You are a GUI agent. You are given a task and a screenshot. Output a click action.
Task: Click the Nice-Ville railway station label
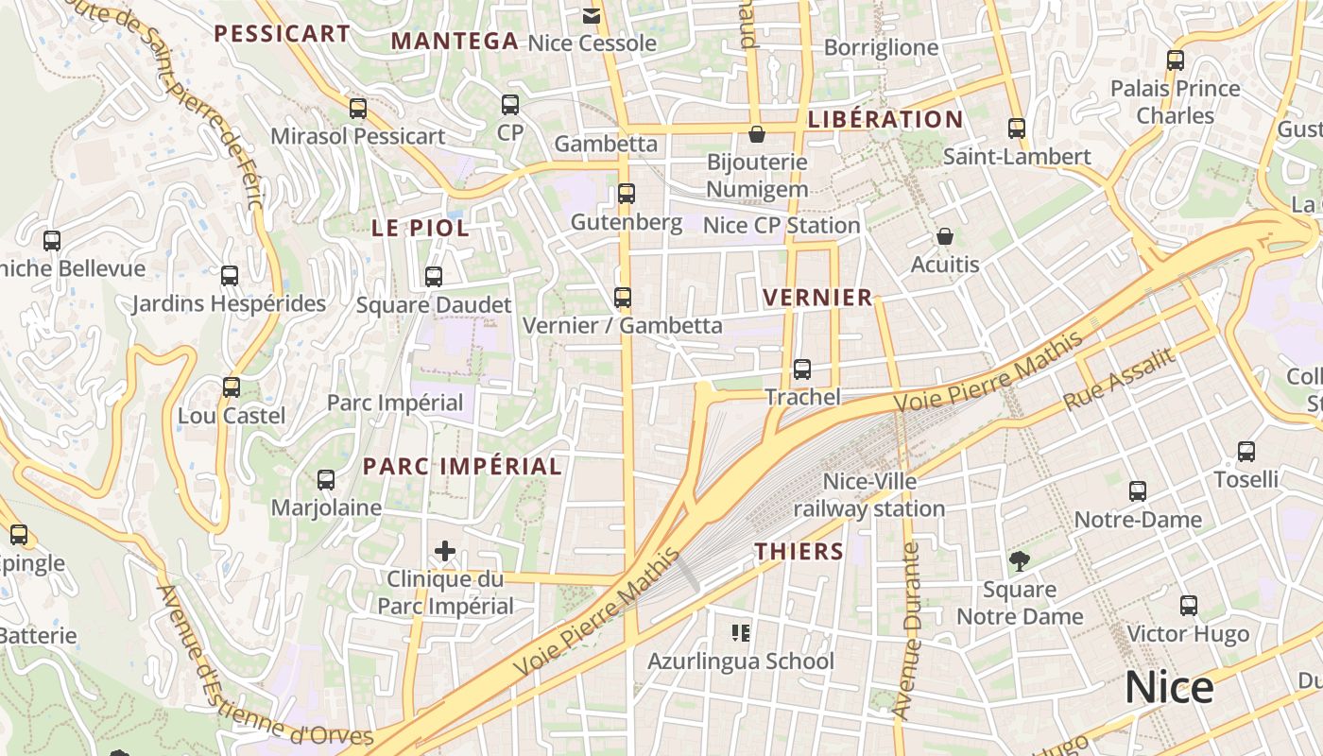click(868, 495)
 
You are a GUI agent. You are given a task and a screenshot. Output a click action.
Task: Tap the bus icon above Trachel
click(802, 369)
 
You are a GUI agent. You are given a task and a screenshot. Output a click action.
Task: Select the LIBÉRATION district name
click(885, 120)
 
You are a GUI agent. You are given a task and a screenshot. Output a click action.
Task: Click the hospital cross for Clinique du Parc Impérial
click(445, 551)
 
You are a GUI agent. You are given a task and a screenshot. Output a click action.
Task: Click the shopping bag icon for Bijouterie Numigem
click(756, 134)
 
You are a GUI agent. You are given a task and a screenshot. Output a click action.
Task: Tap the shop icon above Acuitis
click(944, 236)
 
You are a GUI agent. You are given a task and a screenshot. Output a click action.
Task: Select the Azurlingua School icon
click(741, 632)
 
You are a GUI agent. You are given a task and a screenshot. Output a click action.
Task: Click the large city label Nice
click(1169, 687)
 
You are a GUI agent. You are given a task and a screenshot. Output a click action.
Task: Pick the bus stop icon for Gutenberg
click(626, 194)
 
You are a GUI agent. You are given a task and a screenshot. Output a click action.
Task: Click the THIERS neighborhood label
click(799, 552)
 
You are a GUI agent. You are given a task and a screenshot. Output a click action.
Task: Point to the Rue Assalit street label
click(1119, 380)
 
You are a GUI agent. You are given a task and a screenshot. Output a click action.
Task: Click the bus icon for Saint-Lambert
click(1017, 129)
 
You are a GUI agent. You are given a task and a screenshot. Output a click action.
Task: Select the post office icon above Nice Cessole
click(592, 15)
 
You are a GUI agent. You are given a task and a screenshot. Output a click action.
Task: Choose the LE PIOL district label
click(421, 228)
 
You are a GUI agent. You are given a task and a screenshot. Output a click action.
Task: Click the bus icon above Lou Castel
click(232, 387)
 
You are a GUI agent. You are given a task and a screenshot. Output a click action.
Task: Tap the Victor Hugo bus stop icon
click(1189, 606)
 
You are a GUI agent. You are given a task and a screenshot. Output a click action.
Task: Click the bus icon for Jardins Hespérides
click(230, 276)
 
